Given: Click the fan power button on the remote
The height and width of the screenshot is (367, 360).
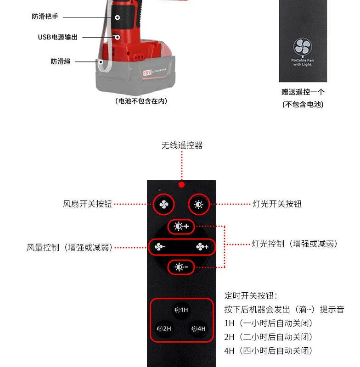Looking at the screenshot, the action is click(164, 205).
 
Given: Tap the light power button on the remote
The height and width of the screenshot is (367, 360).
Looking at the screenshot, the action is click(199, 205).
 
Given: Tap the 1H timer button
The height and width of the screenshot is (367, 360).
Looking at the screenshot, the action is click(181, 311).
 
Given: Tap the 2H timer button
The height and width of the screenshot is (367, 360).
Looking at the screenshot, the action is click(164, 328).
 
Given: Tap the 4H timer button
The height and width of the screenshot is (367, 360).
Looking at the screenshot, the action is click(199, 328).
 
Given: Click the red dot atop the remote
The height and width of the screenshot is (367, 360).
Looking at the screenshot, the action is click(182, 184).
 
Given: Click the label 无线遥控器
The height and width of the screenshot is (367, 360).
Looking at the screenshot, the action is click(182, 145).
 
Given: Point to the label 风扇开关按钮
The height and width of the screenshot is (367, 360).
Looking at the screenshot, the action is click(87, 204).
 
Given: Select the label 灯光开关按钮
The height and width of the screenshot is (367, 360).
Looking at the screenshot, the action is click(277, 204).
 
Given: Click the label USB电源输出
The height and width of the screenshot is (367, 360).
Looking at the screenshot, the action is click(58, 37).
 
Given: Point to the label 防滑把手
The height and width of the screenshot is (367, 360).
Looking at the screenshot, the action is click(45, 17).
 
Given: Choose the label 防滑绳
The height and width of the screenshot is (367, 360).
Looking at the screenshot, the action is click(61, 61).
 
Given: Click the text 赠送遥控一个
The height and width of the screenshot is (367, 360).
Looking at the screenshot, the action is click(303, 92).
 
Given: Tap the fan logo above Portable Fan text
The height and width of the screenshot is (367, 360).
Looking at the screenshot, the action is click(303, 47).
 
